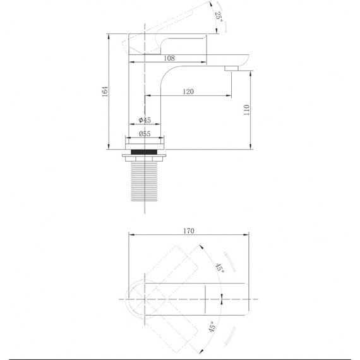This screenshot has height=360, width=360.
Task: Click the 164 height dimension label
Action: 105,92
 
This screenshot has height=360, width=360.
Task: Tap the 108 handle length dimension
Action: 169,58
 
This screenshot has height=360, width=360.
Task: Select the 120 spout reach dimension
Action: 188,92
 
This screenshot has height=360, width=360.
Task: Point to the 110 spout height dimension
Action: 247,110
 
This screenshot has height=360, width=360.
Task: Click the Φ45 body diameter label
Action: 145,120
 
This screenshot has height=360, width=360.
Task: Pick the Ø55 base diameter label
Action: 145,134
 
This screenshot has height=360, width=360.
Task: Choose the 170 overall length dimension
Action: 189,231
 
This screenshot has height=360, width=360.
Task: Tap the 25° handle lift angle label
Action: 219,17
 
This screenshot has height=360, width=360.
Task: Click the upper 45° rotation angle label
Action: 220,268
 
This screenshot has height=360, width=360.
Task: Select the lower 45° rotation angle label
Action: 212,327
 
